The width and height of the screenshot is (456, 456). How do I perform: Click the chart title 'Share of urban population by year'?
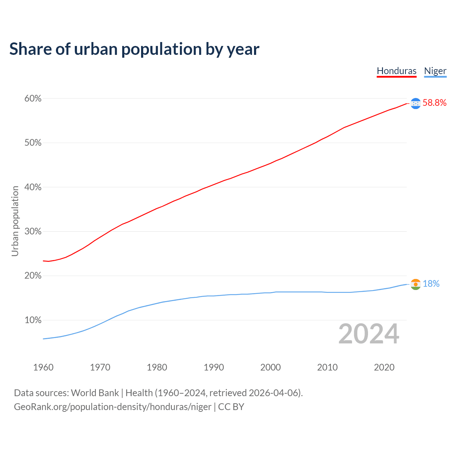click(134, 49)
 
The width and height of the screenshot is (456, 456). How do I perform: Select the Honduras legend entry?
click(397, 71)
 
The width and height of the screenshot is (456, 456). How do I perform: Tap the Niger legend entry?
click(435, 71)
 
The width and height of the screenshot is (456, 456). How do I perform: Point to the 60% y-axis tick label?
click(33, 99)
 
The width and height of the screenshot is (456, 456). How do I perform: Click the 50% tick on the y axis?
click(33, 143)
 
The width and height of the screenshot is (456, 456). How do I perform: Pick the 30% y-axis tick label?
click(33, 232)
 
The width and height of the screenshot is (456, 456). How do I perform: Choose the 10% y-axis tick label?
click(33, 320)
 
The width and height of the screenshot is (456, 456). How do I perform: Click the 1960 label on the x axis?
click(43, 367)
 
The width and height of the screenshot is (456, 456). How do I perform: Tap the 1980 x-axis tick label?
click(157, 367)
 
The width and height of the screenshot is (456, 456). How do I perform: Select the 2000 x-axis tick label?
click(270, 367)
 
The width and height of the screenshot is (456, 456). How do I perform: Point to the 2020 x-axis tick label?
click(384, 367)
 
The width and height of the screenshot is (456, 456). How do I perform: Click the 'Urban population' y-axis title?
click(15, 221)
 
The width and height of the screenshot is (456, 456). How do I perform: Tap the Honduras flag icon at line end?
click(415, 103)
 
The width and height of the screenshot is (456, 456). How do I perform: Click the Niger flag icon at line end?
click(415, 284)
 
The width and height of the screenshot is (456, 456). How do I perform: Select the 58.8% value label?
click(434, 103)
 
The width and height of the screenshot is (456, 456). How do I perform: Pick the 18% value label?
click(431, 284)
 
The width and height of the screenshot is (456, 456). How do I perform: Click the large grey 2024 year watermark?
click(369, 334)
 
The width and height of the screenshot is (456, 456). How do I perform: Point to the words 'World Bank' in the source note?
click(95, 393)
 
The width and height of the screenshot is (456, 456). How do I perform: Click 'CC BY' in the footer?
click(231, 407)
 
